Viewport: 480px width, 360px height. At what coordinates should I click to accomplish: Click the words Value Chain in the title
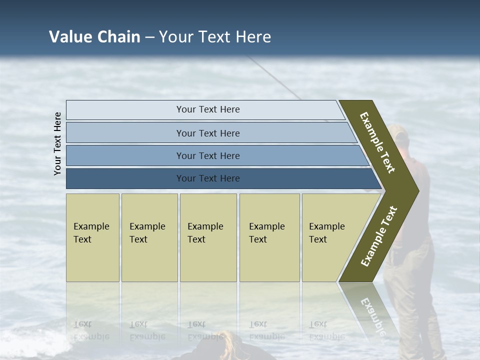[x=94, y=37]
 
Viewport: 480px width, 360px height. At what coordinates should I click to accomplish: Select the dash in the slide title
[x=149, y=37]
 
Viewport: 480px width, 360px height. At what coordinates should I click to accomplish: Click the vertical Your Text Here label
[x=57, y=143]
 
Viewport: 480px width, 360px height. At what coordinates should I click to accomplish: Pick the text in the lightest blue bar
[x=208, y=109]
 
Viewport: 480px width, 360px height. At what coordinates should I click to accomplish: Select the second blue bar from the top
[x=208, y=133]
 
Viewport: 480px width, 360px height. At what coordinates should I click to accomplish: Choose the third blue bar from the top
[x=208, y=155]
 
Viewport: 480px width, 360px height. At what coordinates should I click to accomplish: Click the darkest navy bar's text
[x=208, y=178]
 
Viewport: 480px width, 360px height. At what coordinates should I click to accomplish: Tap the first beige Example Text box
[x=92, y=233]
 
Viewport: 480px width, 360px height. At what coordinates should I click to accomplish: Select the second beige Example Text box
[x=149, y=233]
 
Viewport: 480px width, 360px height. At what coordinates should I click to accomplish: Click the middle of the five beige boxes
[x=208, y=233]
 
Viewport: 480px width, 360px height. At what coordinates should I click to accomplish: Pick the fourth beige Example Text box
[x=269, y=233]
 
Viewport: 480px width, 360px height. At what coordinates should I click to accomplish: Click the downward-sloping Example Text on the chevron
[x=377, y=142]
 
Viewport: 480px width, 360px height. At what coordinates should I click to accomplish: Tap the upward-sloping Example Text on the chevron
[x=379, y=236]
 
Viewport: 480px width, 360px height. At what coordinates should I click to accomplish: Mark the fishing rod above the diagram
[x=275, y=77]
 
